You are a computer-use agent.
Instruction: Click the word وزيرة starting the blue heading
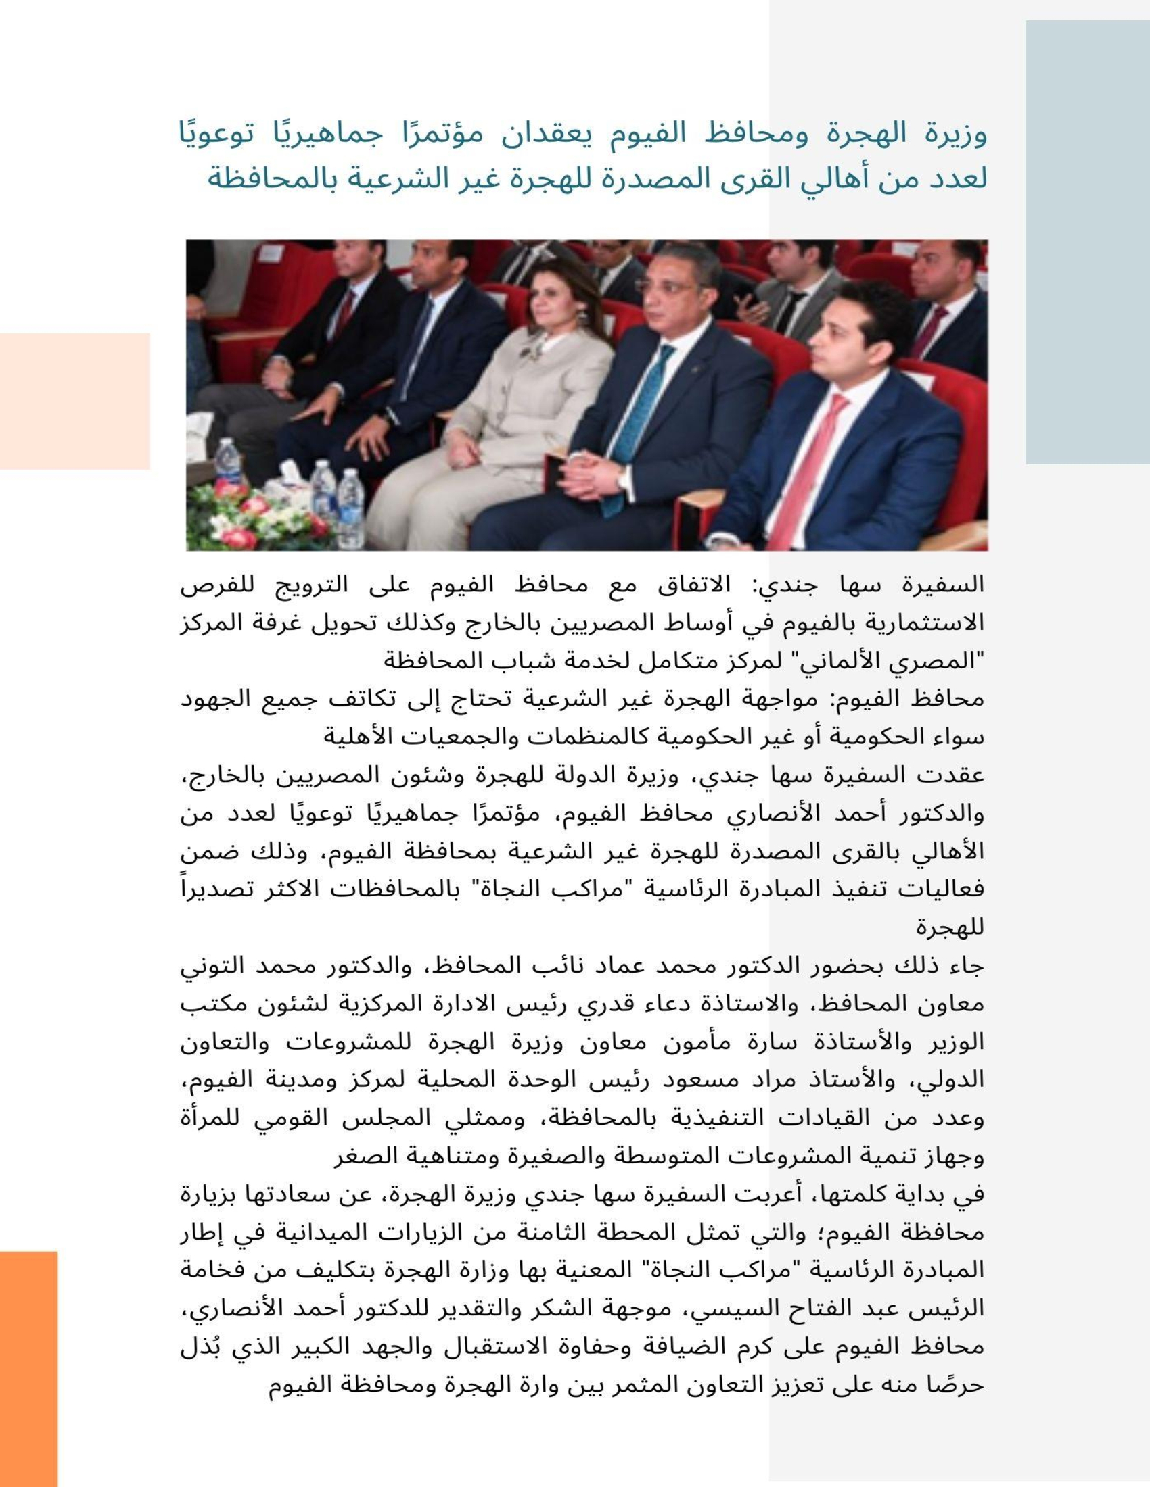[x=957, y=134]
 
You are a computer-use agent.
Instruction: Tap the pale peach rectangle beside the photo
[x=75, y=401]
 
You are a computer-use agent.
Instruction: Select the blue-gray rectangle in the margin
[x=1087, y=242]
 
